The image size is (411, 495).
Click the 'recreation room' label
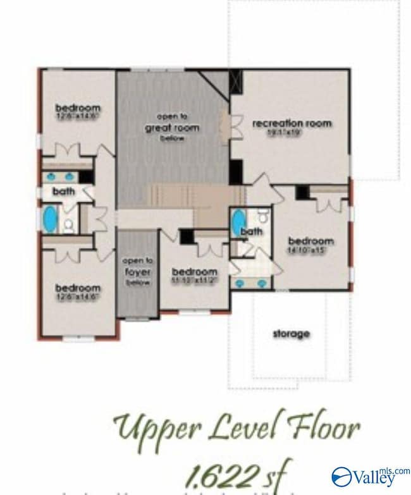(x=291, y=123)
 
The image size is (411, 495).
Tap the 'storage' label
(x=291, y=333)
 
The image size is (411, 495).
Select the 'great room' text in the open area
(x=178, y=128)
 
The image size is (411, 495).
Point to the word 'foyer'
(x=137, y=271)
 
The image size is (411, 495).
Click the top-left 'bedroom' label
(x=77, y=107)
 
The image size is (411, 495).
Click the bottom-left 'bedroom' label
(x=77, y=286)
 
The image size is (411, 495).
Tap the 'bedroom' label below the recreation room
(x=310, y=241)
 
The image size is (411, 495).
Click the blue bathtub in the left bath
(x=49, y=219)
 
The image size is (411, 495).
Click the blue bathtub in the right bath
(x=237, y=223)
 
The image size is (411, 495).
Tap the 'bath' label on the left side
(x=63, y=190)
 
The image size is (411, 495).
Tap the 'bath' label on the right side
(x=252, y=232)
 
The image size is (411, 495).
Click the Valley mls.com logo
(x=370, y=475)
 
